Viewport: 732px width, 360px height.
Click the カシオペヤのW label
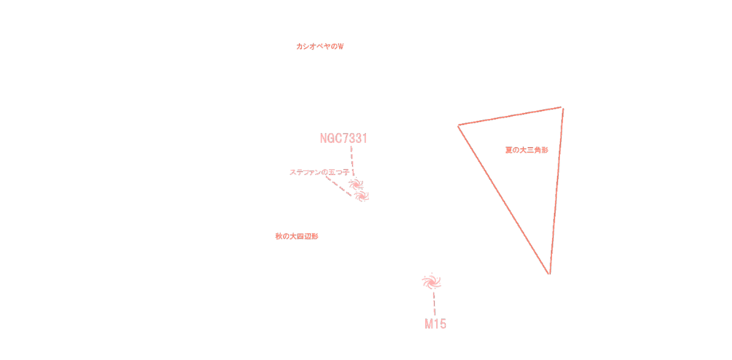click(320, 46)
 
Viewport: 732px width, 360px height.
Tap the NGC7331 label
click(343, 139)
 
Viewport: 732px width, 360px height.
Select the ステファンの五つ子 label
click(319, 173)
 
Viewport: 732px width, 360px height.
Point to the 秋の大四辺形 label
click(296, 236)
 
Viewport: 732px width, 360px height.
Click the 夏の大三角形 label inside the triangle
click(526, 150)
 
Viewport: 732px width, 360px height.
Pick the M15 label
click(435, 325)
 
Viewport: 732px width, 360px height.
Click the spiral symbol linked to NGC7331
click(356, 184)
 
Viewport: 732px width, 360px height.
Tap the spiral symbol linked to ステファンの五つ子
click(362, 196)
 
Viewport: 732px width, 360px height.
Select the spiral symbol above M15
click(431, 281)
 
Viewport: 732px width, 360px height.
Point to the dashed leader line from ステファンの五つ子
click(339, 186)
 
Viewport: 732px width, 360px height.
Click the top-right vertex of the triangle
click(562, 108)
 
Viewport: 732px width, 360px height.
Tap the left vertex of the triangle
click(459, 126)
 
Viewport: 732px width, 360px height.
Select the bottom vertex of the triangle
click(549, 274)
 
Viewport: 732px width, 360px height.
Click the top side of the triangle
click(510, 117)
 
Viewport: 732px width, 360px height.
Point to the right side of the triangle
click(556, 191)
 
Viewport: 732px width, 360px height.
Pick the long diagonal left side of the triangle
click(504, 200)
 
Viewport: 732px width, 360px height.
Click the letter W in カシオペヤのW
click(340, 46)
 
